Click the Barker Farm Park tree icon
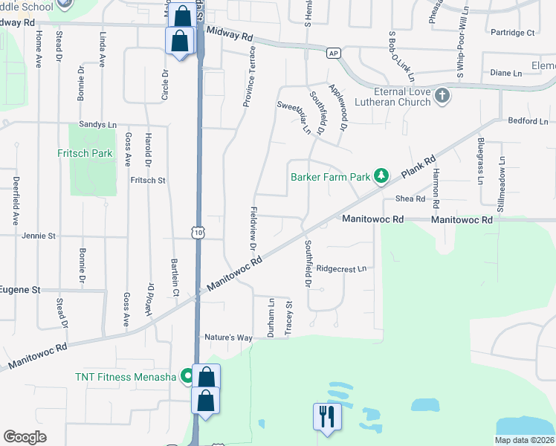(x=382, y=176)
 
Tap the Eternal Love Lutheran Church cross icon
(x=442, y=95)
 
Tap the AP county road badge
(x=334, y=52)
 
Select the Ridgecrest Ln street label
(x=341, y=268)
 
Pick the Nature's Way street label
(x=229, y=337)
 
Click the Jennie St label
(x=39, y=236)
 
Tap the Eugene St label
(x=19, y=289)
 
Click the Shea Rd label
(x=410, y=198)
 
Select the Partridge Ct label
(x=513, y=33)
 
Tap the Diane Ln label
(x=506, y=73)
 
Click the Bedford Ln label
(x=528, y=120)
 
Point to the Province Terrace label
(x=251, y=76)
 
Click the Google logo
(x=25, y=437)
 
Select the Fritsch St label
(x=147, y=180)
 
